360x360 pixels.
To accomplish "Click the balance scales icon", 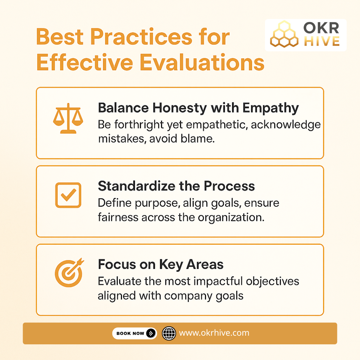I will click(x=68, y=119).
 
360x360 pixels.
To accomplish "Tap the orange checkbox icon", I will click(x=68, y=195).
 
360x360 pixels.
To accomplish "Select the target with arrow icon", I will click(x=69, y=273).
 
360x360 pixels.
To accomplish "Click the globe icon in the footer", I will click(x=169, y=333).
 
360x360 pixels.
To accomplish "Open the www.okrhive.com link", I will click(x=214, y=333).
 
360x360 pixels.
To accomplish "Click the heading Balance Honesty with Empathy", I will click(x=198, y=108).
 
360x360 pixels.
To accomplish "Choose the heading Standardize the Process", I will click(x=176, y=186).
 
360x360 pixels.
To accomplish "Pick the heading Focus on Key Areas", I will click(x=161, y=264).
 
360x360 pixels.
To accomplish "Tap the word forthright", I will click(x=142, y=125).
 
